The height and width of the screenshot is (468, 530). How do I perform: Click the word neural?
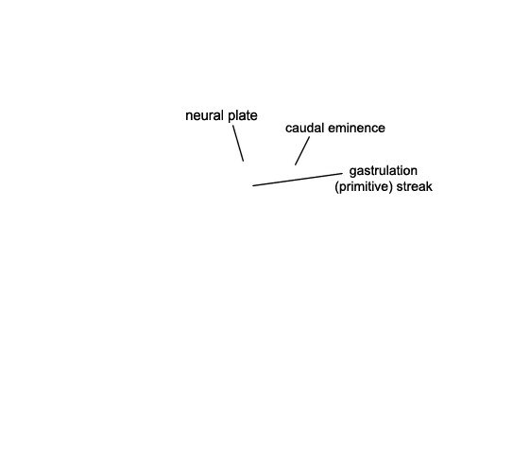(205, 115)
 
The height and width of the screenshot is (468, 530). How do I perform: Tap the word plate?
(243, 115)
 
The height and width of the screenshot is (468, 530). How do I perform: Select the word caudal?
(304, 129)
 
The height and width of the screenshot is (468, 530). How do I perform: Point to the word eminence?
(356, 129)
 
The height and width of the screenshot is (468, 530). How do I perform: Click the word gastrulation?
(384, 171)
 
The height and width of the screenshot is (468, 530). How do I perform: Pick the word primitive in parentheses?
(364, 186)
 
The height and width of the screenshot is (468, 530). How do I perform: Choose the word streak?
(415, 186)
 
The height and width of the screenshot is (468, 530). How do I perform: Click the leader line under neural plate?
(238, 144)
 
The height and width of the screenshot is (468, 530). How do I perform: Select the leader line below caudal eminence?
(302, 151)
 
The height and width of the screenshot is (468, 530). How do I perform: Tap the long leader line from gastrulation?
(298, 180)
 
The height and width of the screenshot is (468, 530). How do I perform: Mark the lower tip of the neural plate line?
(244, 162)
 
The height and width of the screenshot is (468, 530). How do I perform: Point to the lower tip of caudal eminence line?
(295, 165)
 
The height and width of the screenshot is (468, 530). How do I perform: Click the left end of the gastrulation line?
(252, 185)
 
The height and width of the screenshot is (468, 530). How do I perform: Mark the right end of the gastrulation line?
(343, 173)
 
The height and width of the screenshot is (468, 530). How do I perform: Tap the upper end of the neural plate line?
(233, 126)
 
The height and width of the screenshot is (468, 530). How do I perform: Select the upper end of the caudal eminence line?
(310, 136)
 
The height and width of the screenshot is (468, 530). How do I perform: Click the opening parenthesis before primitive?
(336, 187)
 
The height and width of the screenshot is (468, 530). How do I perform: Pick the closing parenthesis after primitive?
(390, 187)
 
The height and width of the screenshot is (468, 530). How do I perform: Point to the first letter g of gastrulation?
(352, 172)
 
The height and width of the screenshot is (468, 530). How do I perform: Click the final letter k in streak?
(430, 186)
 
